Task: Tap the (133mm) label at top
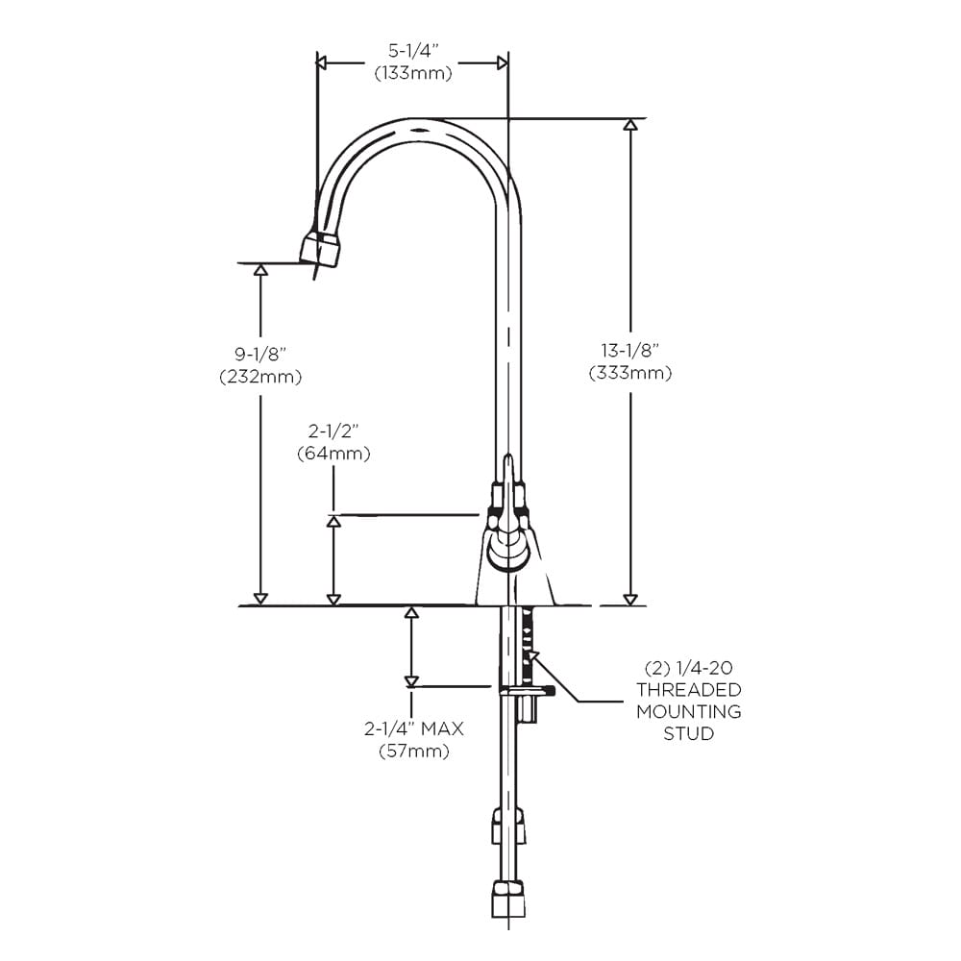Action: pyautogui.click(x=413, y=72)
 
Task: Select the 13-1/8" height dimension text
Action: pyautogui.click(x=630, y=351)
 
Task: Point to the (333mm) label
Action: pyautogui.click(x=630, y=373)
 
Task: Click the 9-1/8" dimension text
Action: pyautogui.click(x=260, y=355)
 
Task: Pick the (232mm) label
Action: pyautogui.click(x=260, y=377)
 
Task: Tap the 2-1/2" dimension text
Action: pyautogui.click(x=333, y=430)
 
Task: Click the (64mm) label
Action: pyautogui.click(x=333, y=452)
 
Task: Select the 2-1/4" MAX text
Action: pyautogui.click(x=413, y=729)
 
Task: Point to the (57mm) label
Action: pyautogui.click(x=413, y=752)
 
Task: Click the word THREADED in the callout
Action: pyautogui.click(x=689, y=689)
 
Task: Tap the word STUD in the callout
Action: pyautogui.click(x=689, y=734)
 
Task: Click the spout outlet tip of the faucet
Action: pyautogui.click(x=319, y=250)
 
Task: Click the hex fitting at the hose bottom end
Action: pyautogui.click(x=507, y=898)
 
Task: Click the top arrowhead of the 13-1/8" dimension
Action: pyautogui.click(x=630, y=125)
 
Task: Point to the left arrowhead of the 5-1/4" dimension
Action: pyautogui.click(x=322, y=62)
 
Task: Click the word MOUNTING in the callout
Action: pyautogui.click(x=689, y=712)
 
